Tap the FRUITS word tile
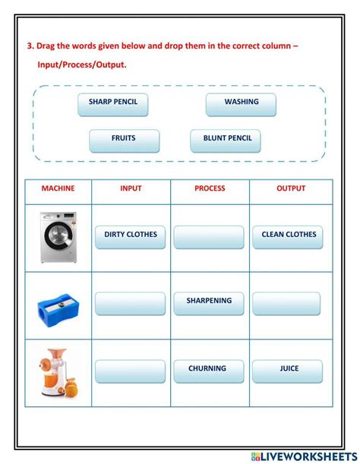pos(124,140)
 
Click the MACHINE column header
pos(58,189)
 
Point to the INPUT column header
pos(131,189)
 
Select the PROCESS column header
pos(210,189)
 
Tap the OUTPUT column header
pos(291,189)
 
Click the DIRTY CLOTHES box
pos(131,236)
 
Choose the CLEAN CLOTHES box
pos(288,236)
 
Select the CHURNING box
pos(208,371)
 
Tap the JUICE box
pos(288,371)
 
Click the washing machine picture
pos(58,236)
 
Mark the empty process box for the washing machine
pos(209,236)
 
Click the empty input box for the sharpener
pos(131,303)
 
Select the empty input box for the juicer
pos(131,371)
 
